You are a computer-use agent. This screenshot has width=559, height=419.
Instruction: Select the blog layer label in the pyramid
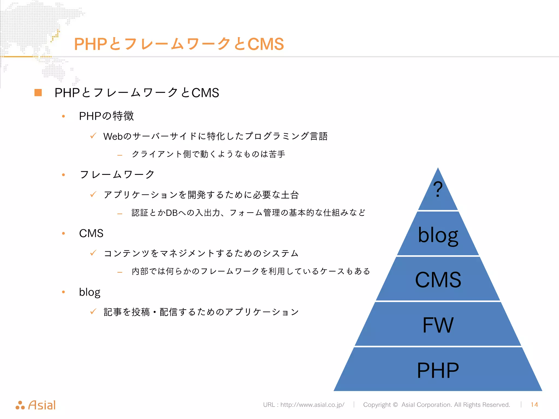tap(438, 235)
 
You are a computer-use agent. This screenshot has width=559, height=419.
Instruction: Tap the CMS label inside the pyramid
tap(438, 280)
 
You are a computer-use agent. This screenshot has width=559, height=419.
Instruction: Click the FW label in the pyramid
tap(438, 325)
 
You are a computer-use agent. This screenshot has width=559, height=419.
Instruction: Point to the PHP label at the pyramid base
tap(438, 370)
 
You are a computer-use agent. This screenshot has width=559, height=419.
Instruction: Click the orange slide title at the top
tap(179, 44)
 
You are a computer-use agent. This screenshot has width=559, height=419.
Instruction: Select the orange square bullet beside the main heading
tap(38, 93)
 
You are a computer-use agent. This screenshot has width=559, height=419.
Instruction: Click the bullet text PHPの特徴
tap(106, 116)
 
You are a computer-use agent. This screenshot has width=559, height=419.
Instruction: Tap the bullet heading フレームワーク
tap(117, 174)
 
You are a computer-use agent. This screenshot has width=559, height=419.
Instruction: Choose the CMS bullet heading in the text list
tap(91, 233)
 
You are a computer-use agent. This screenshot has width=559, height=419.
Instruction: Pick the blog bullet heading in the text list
tap(90, 292)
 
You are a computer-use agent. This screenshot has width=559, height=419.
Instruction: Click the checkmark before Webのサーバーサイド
tap(93, 136)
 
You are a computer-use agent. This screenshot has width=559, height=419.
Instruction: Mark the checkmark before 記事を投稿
tap(93, 311)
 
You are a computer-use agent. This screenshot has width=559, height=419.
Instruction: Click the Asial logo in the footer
tap(36, 405)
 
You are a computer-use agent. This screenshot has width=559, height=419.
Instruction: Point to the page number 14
tap(534, 405)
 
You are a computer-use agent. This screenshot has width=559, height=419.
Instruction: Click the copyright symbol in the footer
tap(395, 405)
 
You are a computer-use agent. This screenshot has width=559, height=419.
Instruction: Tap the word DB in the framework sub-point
tap(172, 213)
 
